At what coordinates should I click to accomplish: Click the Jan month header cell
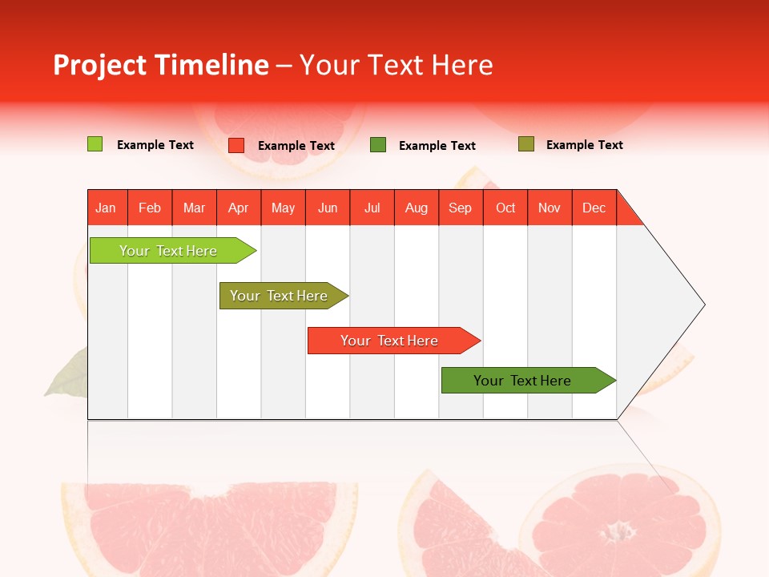[107, 208]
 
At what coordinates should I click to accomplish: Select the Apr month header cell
[239, 208]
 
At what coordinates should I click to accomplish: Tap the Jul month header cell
[372, 208]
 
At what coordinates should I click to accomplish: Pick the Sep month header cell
[461, 208]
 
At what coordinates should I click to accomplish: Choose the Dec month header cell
[594, 208]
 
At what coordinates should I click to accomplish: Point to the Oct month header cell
[505, 208]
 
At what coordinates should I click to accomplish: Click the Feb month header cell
[150, 208]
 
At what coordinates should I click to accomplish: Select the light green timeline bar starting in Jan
[169, 251]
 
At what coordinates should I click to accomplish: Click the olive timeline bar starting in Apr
[280, 296]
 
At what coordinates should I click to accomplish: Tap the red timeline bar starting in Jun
[390, 341]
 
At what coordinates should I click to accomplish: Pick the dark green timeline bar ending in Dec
[523, 381]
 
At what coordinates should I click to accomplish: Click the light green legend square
[95, 144]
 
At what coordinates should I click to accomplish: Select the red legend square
[236, 145]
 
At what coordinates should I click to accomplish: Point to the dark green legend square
[378, 145]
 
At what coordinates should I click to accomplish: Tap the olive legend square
[525, 144]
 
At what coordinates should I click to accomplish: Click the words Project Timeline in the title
[160, 65]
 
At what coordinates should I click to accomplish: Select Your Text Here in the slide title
[397, 65]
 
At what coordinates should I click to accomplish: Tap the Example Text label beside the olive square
[584, 145]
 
